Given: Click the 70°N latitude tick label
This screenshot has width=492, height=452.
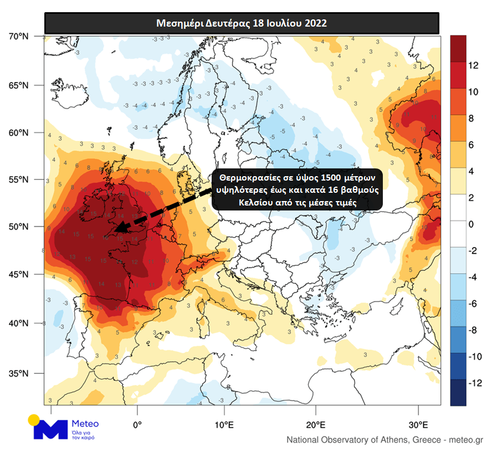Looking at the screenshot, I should [19, 37].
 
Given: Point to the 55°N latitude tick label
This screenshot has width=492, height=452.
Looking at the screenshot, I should [19, 179].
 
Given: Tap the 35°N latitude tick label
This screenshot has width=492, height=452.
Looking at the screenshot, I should [19, 373].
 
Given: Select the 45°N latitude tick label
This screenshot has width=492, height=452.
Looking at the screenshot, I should [19, 275].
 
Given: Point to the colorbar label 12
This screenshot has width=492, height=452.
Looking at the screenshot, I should [473, 65].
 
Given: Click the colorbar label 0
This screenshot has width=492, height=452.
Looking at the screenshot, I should [471, 224].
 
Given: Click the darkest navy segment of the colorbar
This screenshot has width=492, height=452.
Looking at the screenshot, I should [458, 393].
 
